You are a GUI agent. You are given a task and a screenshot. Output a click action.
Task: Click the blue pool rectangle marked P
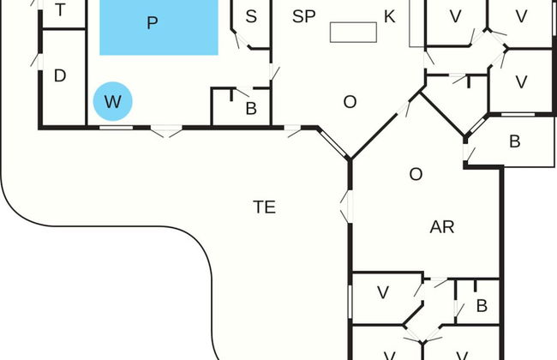(159, 26)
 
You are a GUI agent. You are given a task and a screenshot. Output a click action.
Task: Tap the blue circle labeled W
(112, 102)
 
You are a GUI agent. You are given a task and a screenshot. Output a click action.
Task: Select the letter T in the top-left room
(60, 10)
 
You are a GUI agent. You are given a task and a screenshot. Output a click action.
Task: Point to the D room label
(60, 75)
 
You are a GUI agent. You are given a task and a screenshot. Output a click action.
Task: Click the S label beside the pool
(251, 16)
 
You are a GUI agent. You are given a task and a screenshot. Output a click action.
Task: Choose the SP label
(303, 15)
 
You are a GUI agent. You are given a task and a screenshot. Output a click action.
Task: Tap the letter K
(390, 16)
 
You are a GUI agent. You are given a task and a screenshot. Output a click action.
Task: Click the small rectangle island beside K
(354, 32)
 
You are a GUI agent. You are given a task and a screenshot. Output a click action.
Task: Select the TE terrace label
(264, 207)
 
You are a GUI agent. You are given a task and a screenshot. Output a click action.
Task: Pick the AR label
(441, 227)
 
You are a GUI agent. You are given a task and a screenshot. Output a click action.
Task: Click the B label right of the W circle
(251, 108)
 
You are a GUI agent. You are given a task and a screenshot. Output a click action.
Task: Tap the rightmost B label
(514, 141)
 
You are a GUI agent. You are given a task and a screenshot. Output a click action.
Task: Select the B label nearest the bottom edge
(482, 306)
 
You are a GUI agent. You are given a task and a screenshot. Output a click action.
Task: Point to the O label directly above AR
(416, 174)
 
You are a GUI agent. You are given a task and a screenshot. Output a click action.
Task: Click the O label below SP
(350, 102)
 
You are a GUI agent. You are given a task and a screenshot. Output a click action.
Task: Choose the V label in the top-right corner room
(521, 16)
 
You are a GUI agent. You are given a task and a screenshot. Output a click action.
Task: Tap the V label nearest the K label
(455, 16)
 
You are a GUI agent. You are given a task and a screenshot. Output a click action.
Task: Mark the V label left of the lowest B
(383, 292)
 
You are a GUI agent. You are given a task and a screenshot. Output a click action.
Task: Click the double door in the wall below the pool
(166, 130)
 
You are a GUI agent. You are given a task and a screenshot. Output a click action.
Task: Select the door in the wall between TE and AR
(347, 206)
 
